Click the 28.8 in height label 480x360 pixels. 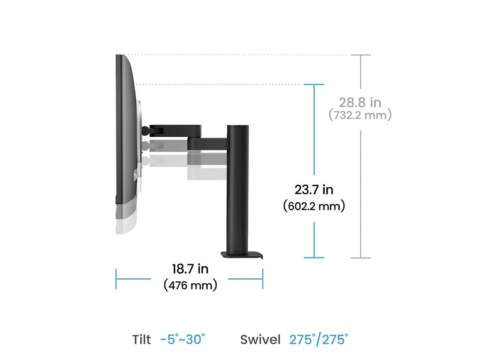tap(360, 103)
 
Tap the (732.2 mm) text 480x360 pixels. tap(360, 115)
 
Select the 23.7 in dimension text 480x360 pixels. tap(314, 190)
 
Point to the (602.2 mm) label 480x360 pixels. tap(314, 206)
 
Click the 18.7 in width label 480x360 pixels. tap(190, 269)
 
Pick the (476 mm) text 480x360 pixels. tap(190, 285)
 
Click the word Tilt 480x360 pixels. tap(142, 340)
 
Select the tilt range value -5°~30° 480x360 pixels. tap(182, 340)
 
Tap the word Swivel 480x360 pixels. tap(260, 340)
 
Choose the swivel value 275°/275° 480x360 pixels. tap(319, 340)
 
